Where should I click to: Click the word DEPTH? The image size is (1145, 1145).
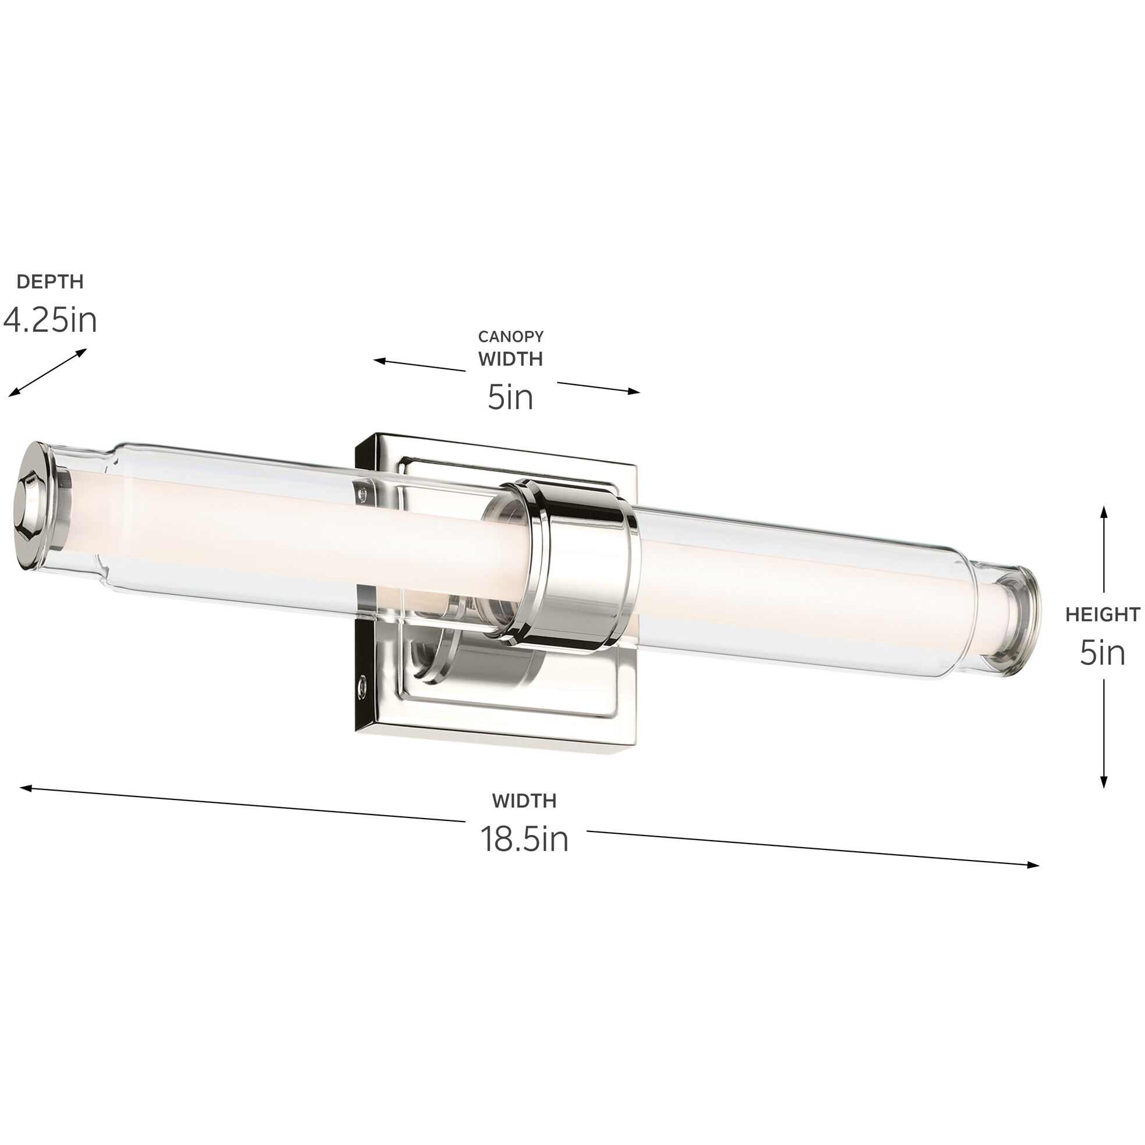pyautogui.click(x=50, y=282)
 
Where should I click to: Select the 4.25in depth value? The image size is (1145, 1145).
pyautogui.click(x=50, y=321)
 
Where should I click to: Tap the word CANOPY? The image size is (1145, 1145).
pyautogui.click(x=510, y=337)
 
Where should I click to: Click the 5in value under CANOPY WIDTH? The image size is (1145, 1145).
pyautogui.click(x=510, y=397)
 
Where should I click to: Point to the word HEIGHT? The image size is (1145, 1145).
pyautogui.click(x=1103, y=614)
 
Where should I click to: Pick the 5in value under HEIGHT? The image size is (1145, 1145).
pyautogui.click(x=1103, y=653)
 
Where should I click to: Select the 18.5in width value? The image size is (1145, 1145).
pyautogui.click(x=524, y=839)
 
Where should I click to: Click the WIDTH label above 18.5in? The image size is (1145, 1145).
pyautogui.click(x=524, y=801)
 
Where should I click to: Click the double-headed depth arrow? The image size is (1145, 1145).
pyautogui.click(x=47, y=372)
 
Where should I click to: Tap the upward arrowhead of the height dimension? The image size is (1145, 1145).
pyautogui.click(x=1104, y=511)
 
